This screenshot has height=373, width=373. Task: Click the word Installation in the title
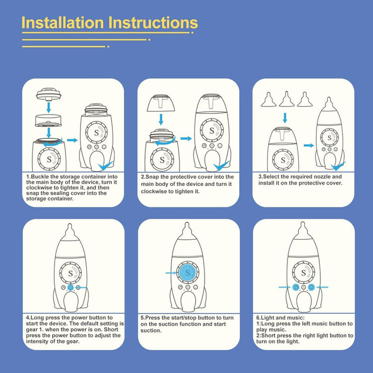click(63, 22)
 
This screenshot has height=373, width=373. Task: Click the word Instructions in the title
click(153, 22)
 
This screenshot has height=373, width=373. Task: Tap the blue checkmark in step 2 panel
click(221, 166)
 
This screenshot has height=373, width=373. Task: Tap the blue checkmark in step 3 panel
click(338, 166)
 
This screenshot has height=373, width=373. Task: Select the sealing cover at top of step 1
click(49, 93)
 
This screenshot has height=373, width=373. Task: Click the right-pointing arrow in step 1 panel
click(72, 140)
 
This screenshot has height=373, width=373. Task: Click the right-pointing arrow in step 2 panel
click(186, 138)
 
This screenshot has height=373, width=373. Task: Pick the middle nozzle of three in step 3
click(286, 99)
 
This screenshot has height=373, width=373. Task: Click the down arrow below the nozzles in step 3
click(285, 118)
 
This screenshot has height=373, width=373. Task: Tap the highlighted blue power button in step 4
click(71, 287)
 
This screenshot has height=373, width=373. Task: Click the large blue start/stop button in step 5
click(188, 273)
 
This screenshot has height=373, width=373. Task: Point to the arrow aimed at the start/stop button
click(171, 273)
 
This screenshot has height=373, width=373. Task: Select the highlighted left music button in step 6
click(296, 287)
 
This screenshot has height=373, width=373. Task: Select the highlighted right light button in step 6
click(311, 287)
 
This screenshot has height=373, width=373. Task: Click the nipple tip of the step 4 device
click(70, 225)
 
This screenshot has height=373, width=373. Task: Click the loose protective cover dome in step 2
click(161, 103)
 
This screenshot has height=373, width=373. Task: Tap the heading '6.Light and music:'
click(280, 318)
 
